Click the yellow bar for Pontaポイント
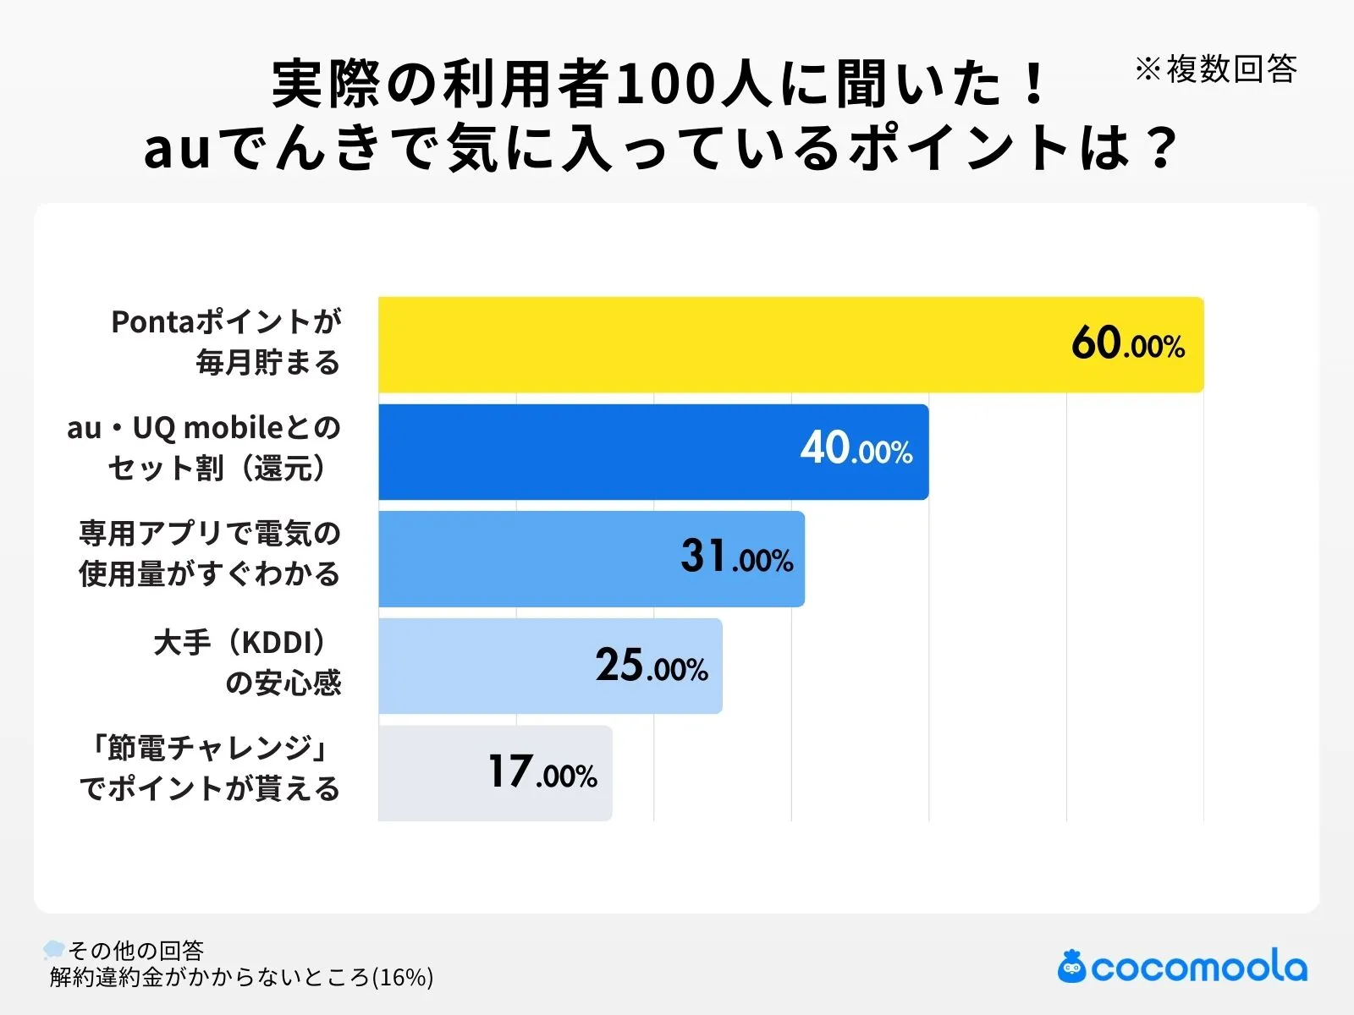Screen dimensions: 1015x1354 click(719, 344)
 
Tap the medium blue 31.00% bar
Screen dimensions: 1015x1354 click(525, 558)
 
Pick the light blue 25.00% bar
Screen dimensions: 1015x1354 click(482, 666)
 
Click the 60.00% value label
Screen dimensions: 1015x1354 click(1127, 343)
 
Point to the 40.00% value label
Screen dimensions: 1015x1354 click(856, 449)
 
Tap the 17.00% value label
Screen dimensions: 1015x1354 click(542, 772)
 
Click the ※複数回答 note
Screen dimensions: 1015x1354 click(1215, 69)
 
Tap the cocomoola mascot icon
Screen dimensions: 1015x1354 click(1071, 966)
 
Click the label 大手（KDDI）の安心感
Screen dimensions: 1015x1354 click(247, 662)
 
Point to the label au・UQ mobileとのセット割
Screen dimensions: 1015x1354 click(204, 448)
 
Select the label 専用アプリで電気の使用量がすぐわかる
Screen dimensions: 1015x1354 click(209, 554)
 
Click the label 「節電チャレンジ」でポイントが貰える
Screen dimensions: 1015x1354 click(209, 768)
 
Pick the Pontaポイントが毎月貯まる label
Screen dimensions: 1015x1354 click(226, 342)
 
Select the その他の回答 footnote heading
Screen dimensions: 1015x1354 click(135, 951)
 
